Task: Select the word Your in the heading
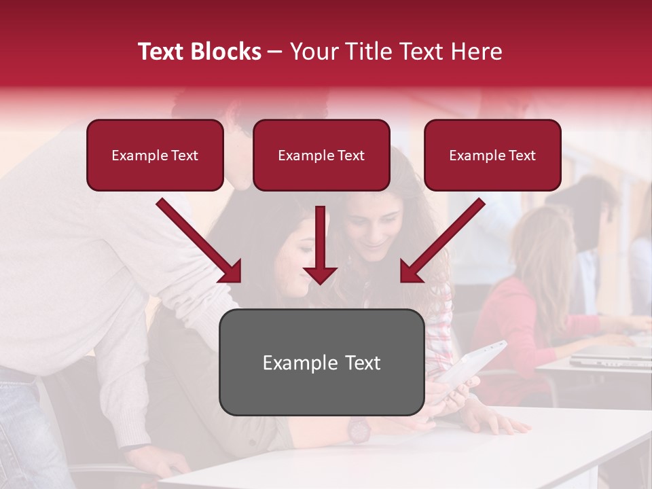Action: pos(314,52)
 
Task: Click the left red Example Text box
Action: pos(155,156)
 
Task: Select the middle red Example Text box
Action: pos(321,156)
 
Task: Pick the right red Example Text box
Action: pos(492,156)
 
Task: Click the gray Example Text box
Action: pos(321,362)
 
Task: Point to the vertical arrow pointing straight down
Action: pos(320,248)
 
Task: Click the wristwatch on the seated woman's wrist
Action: pos(358,429)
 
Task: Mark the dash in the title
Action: pos(275,52)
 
